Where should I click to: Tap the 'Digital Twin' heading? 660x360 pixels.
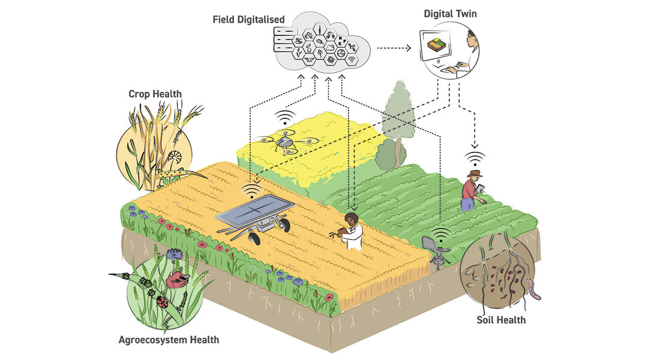(x=450, y=13)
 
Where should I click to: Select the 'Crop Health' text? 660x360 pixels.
(x=155, y=94)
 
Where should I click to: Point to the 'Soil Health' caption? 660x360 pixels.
(x=501, y=320)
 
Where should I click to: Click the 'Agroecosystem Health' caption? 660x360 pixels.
(x=169, y=340)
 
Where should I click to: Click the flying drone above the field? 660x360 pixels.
(x=286, y=142)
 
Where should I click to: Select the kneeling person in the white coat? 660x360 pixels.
(x=351, y=232)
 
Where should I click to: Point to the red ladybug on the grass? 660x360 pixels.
(x=162, y=302)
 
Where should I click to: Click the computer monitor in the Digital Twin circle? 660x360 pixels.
(x=445, y=47)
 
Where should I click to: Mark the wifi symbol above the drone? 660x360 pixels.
(x=286, y=117)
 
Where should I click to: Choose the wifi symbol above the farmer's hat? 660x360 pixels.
(x=476, y=158)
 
